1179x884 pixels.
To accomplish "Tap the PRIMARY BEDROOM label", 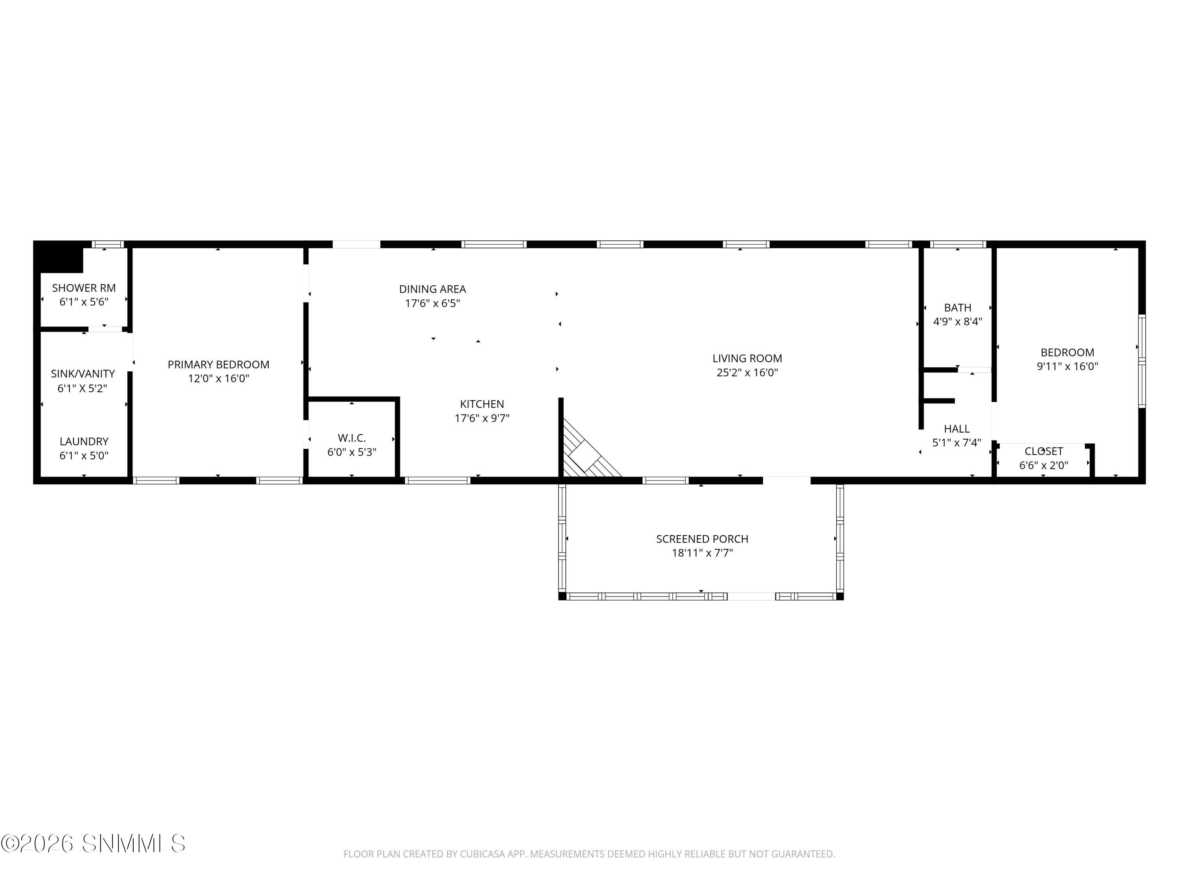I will click(219, 365).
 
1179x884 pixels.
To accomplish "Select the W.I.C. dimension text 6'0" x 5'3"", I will click(352, 452).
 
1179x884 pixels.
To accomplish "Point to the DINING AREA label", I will click(432, 289).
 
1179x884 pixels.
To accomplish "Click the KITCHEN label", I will click(482, 404).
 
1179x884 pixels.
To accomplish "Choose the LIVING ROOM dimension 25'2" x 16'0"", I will click(747, 372).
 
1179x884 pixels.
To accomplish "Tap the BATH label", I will click(957, 308).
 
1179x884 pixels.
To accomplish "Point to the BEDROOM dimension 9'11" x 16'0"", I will click(1067, 367).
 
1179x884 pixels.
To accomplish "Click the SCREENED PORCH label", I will click(702, 539).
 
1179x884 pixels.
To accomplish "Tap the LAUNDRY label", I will click(84, 442).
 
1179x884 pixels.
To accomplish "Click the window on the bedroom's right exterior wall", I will click(1142, 362).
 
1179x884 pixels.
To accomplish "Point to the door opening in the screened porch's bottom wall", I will click(751, 596).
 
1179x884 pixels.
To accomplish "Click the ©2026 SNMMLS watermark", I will click(93, 844).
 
